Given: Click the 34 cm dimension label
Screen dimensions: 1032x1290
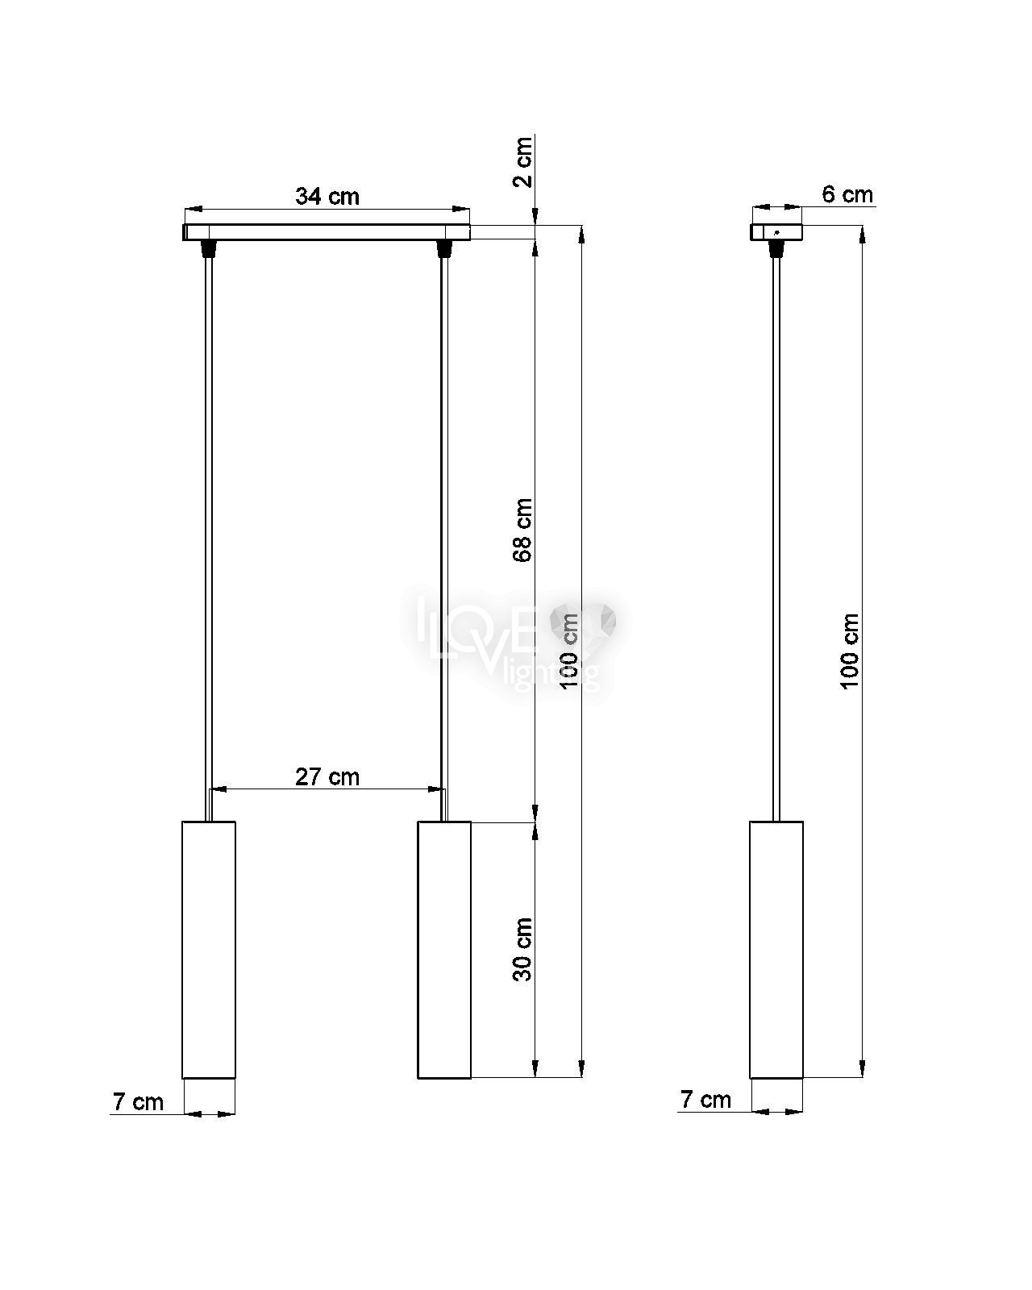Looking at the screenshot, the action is point(327,196).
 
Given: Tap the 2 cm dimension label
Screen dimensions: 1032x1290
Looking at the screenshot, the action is point(523,162).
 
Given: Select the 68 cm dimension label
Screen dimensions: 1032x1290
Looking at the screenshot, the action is point(523,530).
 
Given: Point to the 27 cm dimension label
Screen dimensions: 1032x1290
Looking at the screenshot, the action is point(327,777).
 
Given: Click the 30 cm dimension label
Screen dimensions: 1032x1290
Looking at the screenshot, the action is point(523,950).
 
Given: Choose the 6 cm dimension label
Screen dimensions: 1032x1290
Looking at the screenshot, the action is point(847,194).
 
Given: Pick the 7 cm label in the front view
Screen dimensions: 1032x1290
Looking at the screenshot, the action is point(138,1102).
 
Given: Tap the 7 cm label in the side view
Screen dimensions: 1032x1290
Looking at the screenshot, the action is point(705,1100).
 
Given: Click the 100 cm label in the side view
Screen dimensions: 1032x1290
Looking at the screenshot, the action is point(850,651).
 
